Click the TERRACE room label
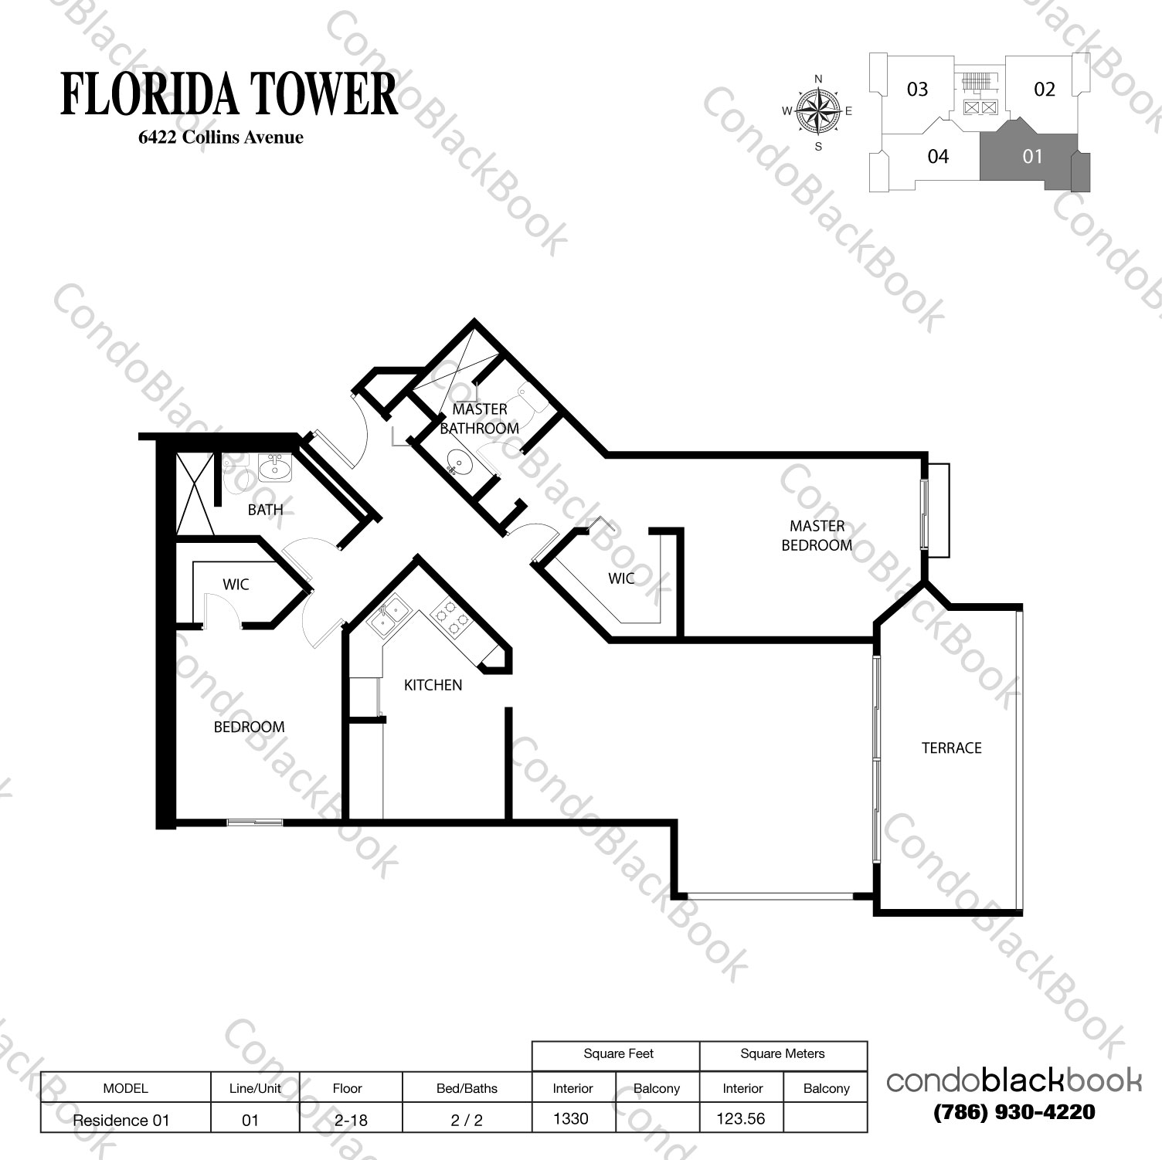coord(951,748)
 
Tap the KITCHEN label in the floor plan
coord(433,685)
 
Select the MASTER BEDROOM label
coord(817,535)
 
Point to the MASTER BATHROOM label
coord(479,419)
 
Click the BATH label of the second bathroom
coord(265,510)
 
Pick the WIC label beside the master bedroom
coord(621,578)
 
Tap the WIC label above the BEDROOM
coord(236,585)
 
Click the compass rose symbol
coord(819,110)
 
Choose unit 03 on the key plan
coord(917,90)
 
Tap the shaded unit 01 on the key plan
coord(1032,157)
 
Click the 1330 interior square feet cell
coord(571,1118)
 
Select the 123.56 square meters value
coord(740,1118)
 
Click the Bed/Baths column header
coord(467,1088)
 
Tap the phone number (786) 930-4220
coord(1014,1112)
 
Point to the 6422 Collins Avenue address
coord(220,137)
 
